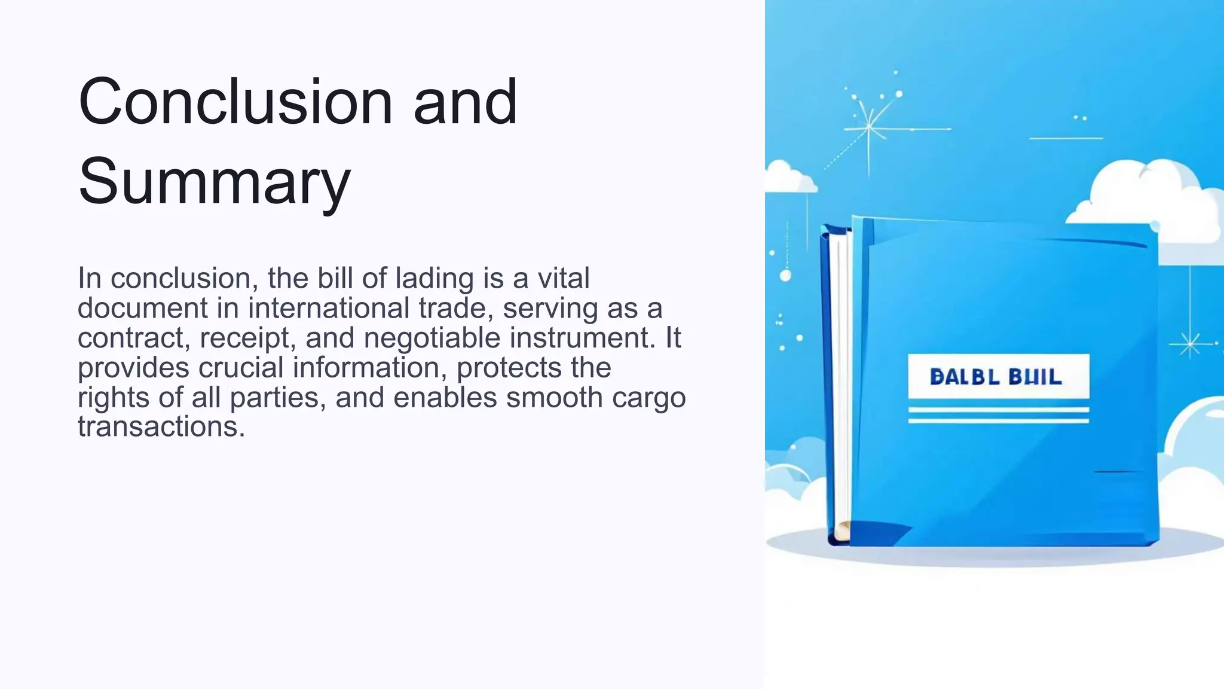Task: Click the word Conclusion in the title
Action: tap(235, 102)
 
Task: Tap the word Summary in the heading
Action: tap(214, 181)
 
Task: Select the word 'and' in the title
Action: tap(465, 102)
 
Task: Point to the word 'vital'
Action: tap(563, 278)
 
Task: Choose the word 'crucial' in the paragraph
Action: tap(240, 367)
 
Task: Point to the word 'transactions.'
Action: tap(161, 426)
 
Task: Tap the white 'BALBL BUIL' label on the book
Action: tap(998, 377)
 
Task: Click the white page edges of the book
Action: tap(841, 383)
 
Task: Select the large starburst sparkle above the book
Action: tap(869, 127)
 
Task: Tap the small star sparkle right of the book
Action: tap(1189, 344)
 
